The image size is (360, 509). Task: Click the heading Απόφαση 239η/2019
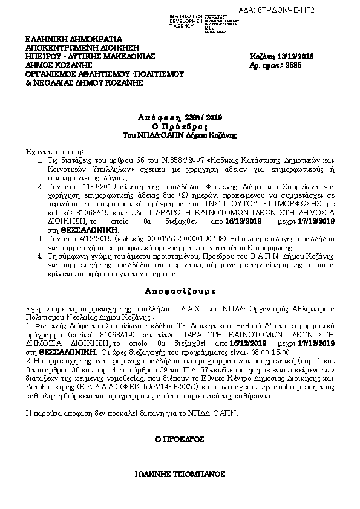click(180, 117)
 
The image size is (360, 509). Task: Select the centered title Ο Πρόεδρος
click(180, 126)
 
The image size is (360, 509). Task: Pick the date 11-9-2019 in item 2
click(85, 189)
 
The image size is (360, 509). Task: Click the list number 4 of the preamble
click(38, 257)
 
